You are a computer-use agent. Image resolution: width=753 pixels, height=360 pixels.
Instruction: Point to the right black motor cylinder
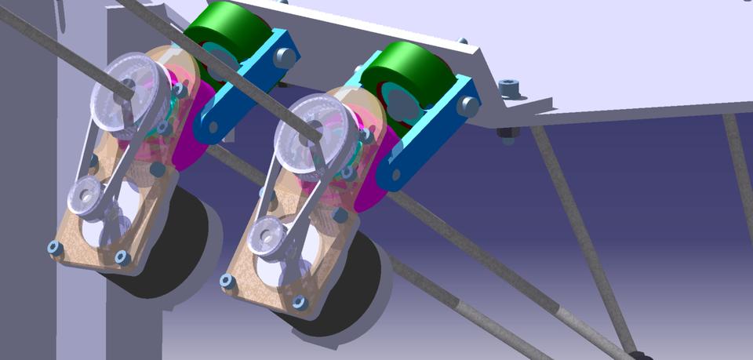349,290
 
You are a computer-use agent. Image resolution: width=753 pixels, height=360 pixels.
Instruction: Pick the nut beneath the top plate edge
507,133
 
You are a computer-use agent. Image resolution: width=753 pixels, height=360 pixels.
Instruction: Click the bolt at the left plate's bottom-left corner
54,248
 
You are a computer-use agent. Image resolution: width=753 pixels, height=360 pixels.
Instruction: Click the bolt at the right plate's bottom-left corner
228,280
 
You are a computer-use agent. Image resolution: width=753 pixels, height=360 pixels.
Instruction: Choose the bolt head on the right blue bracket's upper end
469,105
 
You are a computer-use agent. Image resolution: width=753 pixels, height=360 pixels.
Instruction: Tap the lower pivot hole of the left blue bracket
213,126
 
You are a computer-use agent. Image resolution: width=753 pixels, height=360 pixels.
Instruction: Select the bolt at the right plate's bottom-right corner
299,302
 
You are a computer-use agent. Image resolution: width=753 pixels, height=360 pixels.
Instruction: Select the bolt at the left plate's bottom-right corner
122,256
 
